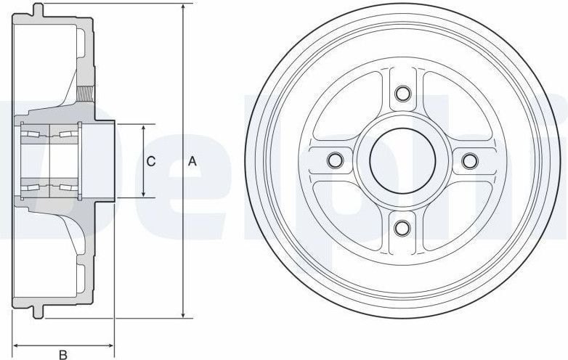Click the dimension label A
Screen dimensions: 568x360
click(x=192, y=161)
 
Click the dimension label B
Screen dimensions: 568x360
click(x=63, y=354)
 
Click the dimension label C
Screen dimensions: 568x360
click(x=150, y=161)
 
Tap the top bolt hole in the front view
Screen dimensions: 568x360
click(x=402, y=94)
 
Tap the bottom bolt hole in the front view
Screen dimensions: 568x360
click(x=402, y=227)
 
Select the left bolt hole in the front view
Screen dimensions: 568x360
click(x=335, y=160)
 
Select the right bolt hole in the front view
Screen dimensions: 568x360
click(x=470, y=160)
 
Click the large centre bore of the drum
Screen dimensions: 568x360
click(x=402, y=160)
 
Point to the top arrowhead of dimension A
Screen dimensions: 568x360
click(x=184, y=9)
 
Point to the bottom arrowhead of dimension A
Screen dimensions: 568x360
click(x=184, y=314)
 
